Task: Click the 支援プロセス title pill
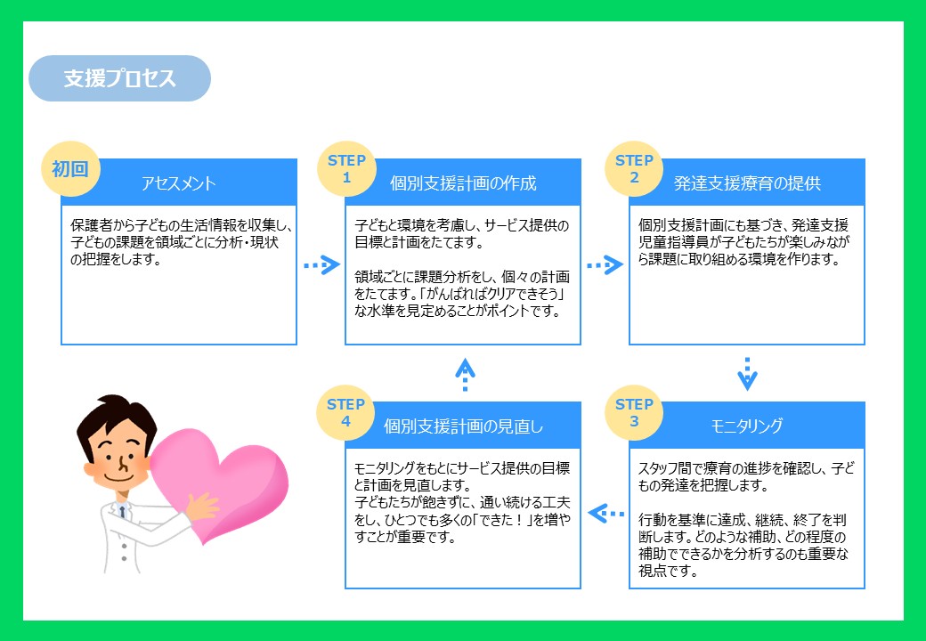pos(120,78)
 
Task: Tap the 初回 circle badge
pos(70,169)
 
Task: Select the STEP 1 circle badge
pos(346,169)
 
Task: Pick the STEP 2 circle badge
pos(634,169)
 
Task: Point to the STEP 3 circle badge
pos(634,412)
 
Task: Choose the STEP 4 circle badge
pos(346,412)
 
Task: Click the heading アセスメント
pos(178,183)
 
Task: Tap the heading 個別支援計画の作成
pos(463,183)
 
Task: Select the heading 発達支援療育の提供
pos(747,183)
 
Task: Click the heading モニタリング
pos(747,426)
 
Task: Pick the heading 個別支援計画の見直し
pos(463,426)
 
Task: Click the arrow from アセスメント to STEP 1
pos(321,265)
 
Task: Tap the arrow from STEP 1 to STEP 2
pos(605,265)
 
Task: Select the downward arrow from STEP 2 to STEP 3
pos(748,374)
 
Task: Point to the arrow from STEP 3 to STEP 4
pos(606,514)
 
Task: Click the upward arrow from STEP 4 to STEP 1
pos(466,374)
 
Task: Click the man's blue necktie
pos(122,511)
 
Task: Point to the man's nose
pos(123,464)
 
